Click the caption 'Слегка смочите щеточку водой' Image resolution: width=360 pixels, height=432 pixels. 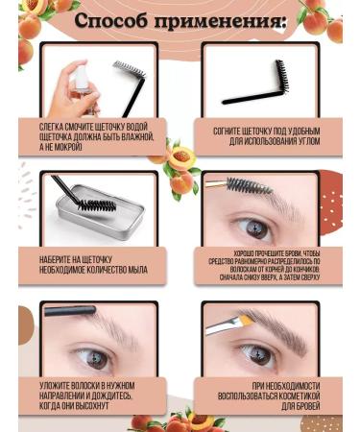88,131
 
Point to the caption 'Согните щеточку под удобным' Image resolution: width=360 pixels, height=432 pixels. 272,131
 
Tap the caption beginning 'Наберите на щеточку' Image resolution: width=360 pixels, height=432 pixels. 89,263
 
